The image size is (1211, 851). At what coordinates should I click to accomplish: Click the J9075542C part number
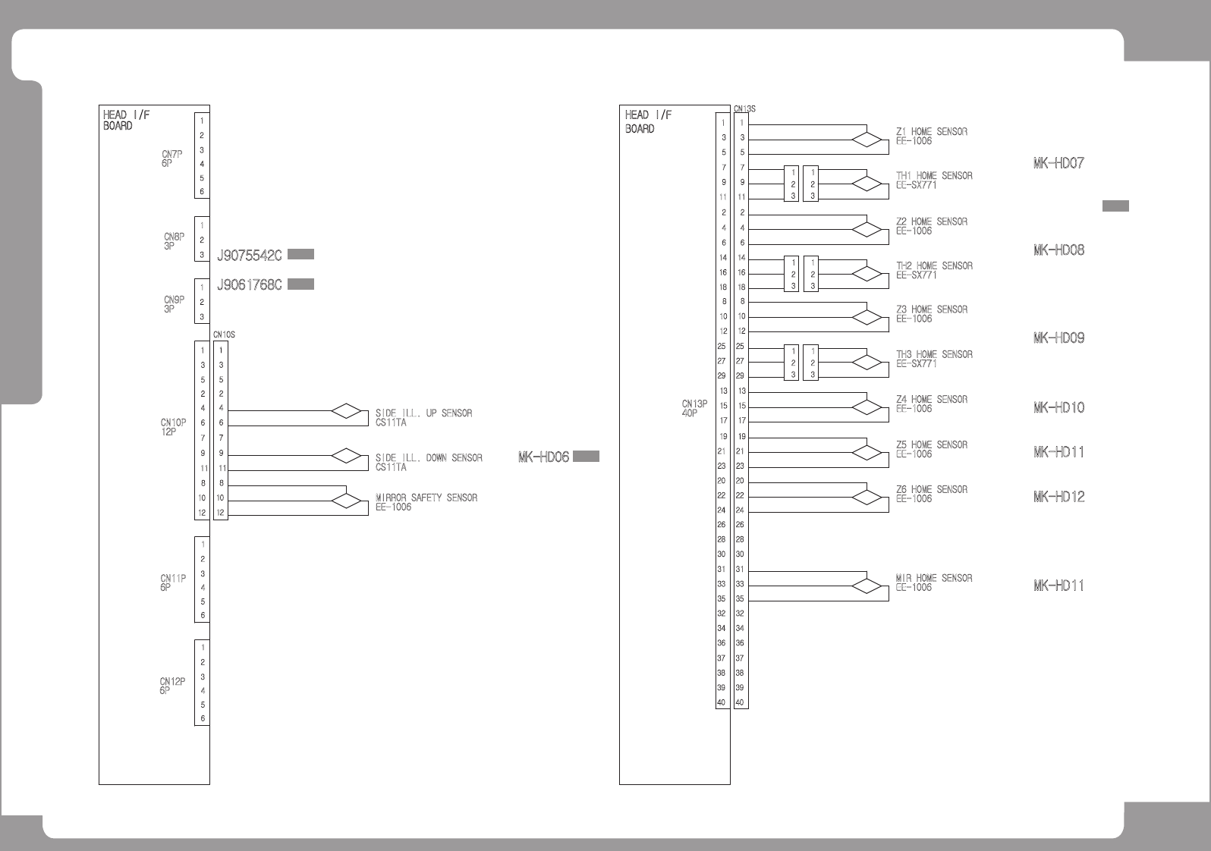250,256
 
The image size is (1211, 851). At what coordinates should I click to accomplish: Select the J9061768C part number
250,285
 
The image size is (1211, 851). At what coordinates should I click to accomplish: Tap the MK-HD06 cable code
543,457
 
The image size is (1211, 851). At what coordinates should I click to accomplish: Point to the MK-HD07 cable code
1058,163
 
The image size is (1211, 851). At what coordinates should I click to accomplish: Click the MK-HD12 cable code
1058,497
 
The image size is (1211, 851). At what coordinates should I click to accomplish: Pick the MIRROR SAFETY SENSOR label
426,498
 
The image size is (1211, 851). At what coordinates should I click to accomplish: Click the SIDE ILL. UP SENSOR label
423,413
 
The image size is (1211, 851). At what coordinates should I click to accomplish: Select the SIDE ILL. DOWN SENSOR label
429,458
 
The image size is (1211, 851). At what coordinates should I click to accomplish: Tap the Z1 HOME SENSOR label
931,132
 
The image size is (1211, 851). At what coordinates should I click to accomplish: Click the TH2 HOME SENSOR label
934,266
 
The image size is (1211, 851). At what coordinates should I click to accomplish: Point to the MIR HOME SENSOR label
933,578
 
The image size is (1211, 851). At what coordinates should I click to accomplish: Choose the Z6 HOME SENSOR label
931,490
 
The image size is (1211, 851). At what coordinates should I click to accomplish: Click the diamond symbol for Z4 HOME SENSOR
867,407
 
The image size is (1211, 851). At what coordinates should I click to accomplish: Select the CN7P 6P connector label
171,159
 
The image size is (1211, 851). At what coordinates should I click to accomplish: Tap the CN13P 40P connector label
694,409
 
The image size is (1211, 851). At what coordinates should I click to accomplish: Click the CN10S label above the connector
224,334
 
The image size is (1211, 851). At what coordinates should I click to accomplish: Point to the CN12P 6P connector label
172,686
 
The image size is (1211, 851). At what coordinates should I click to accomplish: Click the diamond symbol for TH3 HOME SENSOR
867,363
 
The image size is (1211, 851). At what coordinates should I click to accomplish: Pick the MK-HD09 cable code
1058,338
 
